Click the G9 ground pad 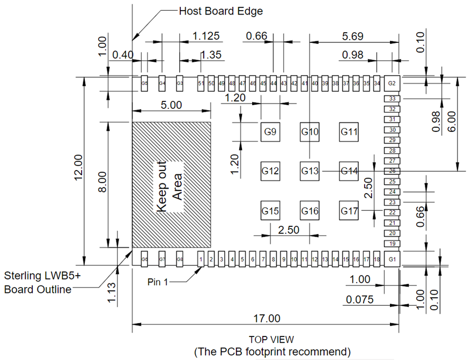point(270,132)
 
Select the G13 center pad point(309,171)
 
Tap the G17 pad point(349,211)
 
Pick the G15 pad point(270,211)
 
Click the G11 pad point(349,132)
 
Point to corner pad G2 point(392,84)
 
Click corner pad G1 point(392,260)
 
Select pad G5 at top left point(144,84)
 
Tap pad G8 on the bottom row point(180,260)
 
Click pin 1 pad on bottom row point(201,260)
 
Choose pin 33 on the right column point(392,99)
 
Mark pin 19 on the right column point(392,244)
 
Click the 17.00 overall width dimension point(267,318)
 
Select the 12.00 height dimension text point(78,167)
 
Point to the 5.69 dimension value point(353,36)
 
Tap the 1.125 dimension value point(206,36)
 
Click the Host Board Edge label point(220,11)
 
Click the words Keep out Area point(170,187)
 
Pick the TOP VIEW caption point(271,340)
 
